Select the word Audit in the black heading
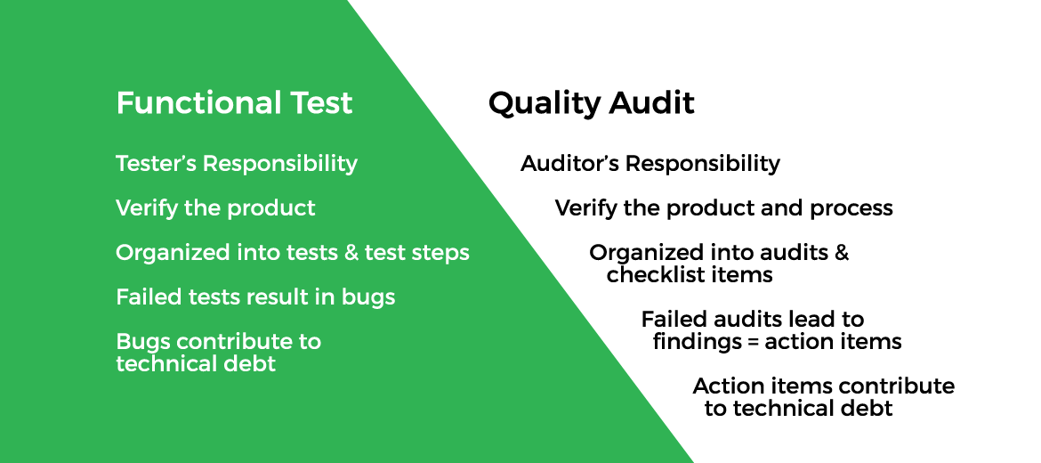tap(652, 103)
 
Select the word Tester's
tap(156, 164)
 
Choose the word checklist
tap(651, 275)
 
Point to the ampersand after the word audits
tap(841, 253)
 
